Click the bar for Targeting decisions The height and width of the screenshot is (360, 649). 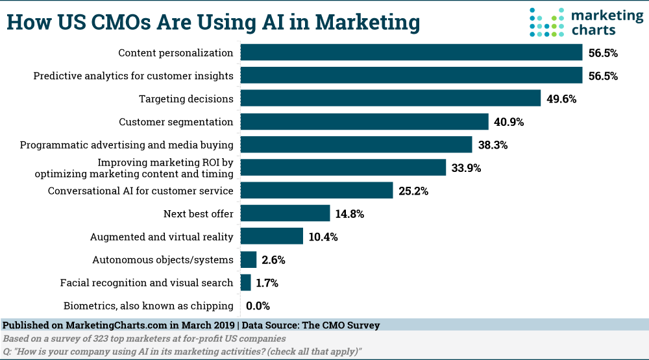(390, 99)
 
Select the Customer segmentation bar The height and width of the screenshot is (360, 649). (364, 122)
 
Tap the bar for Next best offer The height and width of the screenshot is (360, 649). (285, 213)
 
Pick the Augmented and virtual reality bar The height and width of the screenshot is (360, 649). (271, 236)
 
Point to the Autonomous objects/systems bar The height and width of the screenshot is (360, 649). (249, 259)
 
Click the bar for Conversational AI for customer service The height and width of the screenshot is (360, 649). (317, 191)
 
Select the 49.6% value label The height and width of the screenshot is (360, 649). (561, 99)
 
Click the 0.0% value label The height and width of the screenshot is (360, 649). (258, 306)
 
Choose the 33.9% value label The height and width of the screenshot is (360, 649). (467, 168)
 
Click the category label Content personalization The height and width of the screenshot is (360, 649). (175, 53)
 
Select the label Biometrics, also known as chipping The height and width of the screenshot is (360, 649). (148, 306)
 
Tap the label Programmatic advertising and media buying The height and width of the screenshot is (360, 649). (127, 145)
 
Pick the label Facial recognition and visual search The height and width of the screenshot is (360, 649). (146, 282)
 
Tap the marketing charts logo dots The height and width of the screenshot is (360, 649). (546, 21)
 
